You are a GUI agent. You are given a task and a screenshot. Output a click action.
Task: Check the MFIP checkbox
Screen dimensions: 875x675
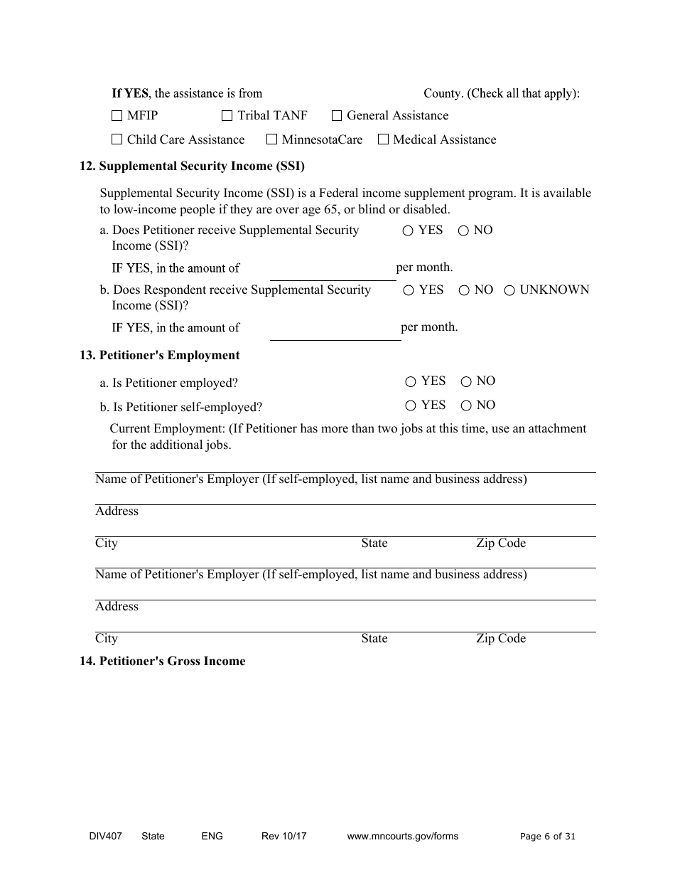117,116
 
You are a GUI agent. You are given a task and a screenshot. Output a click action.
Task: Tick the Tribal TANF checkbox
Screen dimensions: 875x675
227,116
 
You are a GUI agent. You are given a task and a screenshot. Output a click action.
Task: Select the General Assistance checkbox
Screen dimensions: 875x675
337,116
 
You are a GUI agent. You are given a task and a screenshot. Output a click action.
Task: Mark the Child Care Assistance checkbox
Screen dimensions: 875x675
117,140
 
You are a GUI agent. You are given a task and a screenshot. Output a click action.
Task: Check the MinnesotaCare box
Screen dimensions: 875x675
271,140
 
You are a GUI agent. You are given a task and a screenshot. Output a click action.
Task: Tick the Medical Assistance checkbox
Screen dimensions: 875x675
383,140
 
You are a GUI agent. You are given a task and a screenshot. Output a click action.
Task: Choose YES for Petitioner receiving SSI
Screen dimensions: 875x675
408,231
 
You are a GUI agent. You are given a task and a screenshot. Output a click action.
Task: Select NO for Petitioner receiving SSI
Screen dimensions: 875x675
463,231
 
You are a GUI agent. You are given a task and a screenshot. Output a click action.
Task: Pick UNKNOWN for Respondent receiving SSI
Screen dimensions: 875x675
509,291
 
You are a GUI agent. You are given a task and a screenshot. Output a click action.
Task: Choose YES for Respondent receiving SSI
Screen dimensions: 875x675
409,291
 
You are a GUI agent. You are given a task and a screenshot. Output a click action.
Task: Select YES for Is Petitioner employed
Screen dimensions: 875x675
411,382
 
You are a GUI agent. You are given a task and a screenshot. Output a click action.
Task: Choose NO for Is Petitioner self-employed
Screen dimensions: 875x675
466,406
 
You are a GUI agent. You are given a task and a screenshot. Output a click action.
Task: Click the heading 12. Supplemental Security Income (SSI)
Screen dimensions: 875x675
192,166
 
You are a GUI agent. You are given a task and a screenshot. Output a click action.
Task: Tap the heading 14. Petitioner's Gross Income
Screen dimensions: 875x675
162,662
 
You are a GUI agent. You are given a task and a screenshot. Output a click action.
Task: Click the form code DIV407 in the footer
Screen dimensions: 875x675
100,837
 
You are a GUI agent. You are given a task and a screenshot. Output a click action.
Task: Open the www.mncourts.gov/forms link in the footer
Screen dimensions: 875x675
402,837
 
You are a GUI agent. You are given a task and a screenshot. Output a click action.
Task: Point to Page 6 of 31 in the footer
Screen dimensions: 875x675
548,837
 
